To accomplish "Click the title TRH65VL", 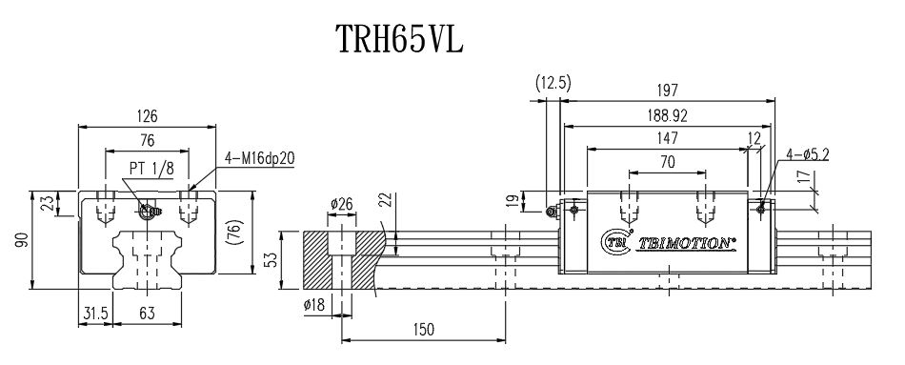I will coord(398,40).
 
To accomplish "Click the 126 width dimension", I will coord(147,115).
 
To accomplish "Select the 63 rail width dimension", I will coord(147,313).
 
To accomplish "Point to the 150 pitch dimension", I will coord(424,330).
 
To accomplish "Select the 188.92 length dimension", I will coord(667,115).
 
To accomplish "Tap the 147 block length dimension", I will coord(666,139).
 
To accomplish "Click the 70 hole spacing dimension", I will coord(667,163).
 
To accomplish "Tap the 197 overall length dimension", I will coord(667,91).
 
